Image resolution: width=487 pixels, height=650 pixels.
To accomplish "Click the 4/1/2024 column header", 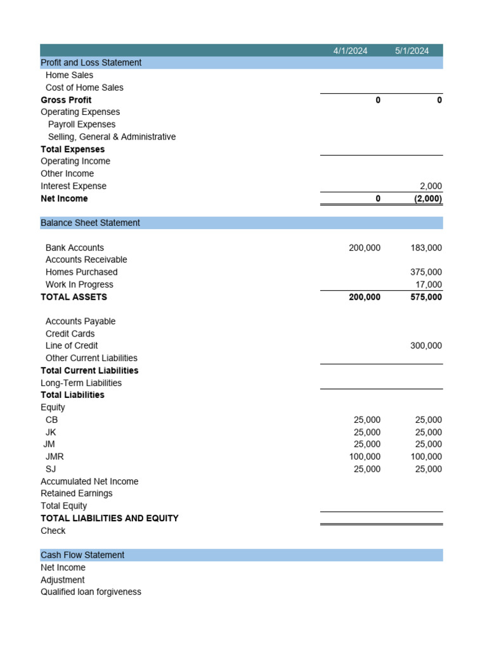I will pyautogui.click(x=350, y=51).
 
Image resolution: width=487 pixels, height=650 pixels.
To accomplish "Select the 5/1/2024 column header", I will pyautogui.click(x=412, y=51).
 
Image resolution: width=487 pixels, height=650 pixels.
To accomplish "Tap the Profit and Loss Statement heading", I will pyautogui.click(x=91, y=63).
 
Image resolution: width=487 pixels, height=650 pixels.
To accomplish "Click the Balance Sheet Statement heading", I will pyautogui.click(x=90, y=223).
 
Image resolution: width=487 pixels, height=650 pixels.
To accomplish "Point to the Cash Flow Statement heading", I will pyautogui.click(x=82, y=555).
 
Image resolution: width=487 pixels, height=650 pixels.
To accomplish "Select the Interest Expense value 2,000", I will pyautogui.click(x=431, y=186).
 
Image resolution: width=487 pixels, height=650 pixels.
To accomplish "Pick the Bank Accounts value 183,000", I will pyautogui.click(x=426, y=248).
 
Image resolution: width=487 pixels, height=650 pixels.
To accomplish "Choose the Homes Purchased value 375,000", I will pyautogui.click(x=426, y=272).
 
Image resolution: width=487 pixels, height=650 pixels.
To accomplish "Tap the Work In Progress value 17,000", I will pyautogui.click(x=429, y=285).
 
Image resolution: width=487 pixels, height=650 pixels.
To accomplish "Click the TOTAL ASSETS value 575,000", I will pyautogui.click(x=426, y=297).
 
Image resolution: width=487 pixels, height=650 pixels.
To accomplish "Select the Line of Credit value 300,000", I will pyautogui.click(x=426, y=346).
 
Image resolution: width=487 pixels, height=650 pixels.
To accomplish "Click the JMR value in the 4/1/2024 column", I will pyautogui.click(x=365, y=457).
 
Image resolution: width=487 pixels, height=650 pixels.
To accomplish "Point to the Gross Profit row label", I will pyautogui.click(x=66, y=100).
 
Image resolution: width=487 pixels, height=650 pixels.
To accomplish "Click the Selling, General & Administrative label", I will pyautogui.click(x=112, y=137).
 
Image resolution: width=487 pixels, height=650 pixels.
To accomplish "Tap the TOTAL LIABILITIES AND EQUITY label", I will pyautogui.click(x=109, y=519).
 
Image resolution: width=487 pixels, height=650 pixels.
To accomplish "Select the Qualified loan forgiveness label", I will pyautogui.click(x=91, y=592).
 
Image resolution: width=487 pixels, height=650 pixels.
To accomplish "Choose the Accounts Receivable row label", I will pyautogui.click(x=86, y=260).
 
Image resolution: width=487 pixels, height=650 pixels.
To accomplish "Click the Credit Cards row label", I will pyautogui.click(x=70, y=334).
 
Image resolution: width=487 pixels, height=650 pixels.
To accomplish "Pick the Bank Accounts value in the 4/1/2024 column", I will pyautogui.click(x=365, y=248).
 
